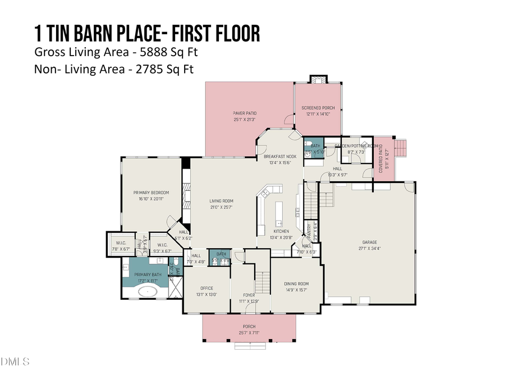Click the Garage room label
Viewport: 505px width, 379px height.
369,242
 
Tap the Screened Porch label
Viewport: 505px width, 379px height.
318,108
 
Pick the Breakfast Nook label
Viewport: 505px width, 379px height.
280,157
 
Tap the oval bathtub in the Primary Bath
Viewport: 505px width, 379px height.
149,291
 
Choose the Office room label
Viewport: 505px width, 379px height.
206,289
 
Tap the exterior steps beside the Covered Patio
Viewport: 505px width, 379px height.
401,149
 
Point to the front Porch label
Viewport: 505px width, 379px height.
249,326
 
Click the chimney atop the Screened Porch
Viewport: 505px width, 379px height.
318,79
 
